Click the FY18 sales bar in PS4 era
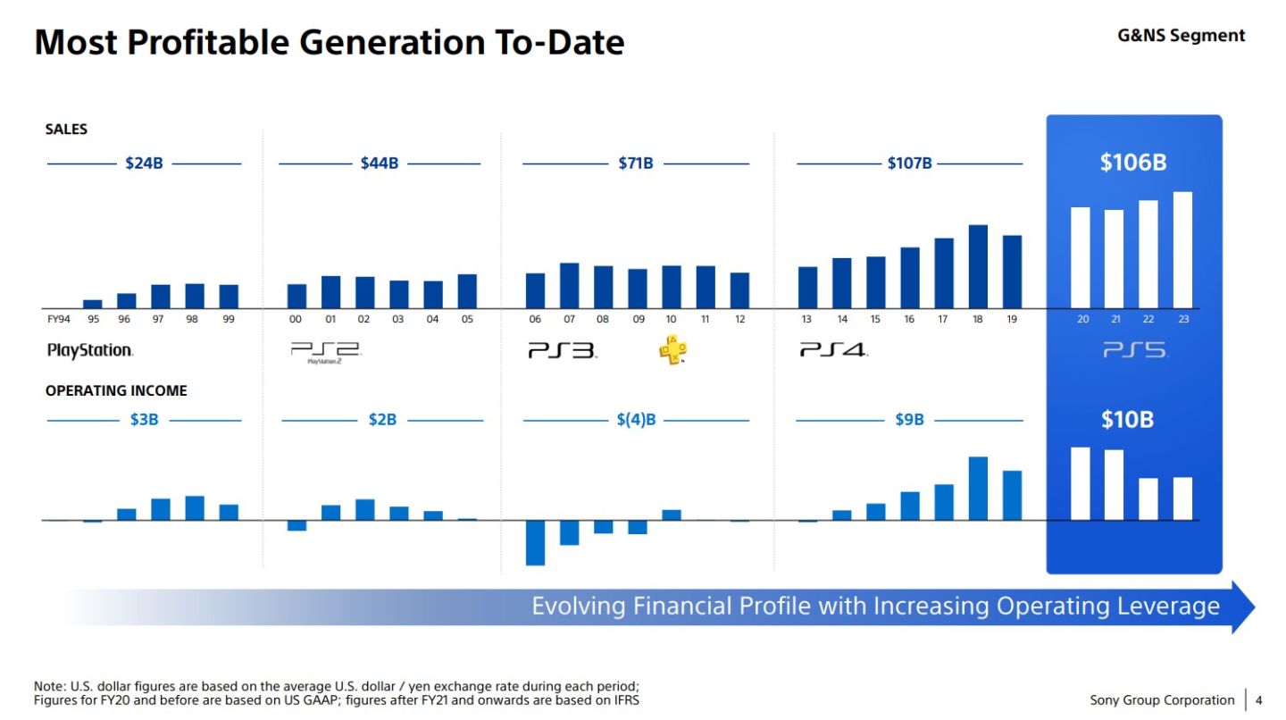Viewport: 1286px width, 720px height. (978, 266)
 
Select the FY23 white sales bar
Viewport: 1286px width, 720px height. (1182, 250)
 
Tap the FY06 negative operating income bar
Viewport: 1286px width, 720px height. (535, 542)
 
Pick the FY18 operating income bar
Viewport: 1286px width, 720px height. (978, 488)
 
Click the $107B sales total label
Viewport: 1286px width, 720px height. (909, 163)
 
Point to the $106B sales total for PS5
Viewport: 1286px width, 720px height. (1132, 163)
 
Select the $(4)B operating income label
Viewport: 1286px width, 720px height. (636, 420)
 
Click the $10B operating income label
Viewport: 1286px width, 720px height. (1126, 420)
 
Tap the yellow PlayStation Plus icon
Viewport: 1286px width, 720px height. (672, 351)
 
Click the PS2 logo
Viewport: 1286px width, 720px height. (324, 352)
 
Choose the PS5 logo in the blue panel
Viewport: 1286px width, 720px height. (1134, 351)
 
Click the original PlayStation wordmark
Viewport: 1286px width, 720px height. (89, 351)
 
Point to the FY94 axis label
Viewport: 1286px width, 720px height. (58, 319)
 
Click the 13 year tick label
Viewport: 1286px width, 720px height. (806, 319)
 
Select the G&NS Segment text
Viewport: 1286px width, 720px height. (1181, 36)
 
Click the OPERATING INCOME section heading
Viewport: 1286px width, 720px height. (116, 391)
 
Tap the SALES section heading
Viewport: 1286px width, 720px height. (66, 130)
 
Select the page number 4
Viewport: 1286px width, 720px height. (1259, 700)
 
